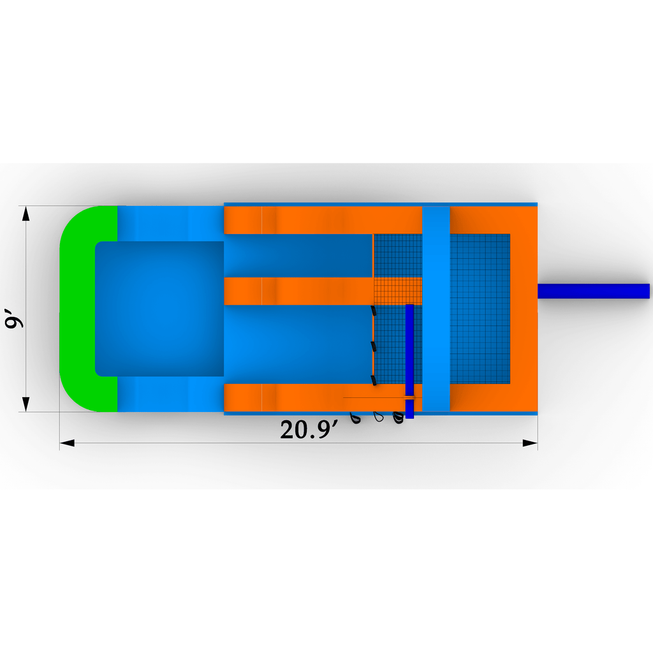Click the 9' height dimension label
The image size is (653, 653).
pyautogui.click(x=13, y=318)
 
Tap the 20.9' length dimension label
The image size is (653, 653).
pyautogui.click(x=309, y=429)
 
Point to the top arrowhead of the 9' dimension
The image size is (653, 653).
pyautogui.click(x=26, y=213)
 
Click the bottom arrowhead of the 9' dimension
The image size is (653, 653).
pyautogui.click(x=26, y=404)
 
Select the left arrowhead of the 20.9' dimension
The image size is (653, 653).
pyautogui.click(x=67, y=443)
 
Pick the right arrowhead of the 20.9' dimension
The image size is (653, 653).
pyautogui.click(x=530, y=443)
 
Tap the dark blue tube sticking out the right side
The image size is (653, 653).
pyautogui.click(x=594, y=291)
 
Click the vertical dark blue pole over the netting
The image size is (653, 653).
pyautogui.click(x=409, y=361)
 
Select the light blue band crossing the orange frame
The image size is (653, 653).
pyautogui.click(x=436, y=309)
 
